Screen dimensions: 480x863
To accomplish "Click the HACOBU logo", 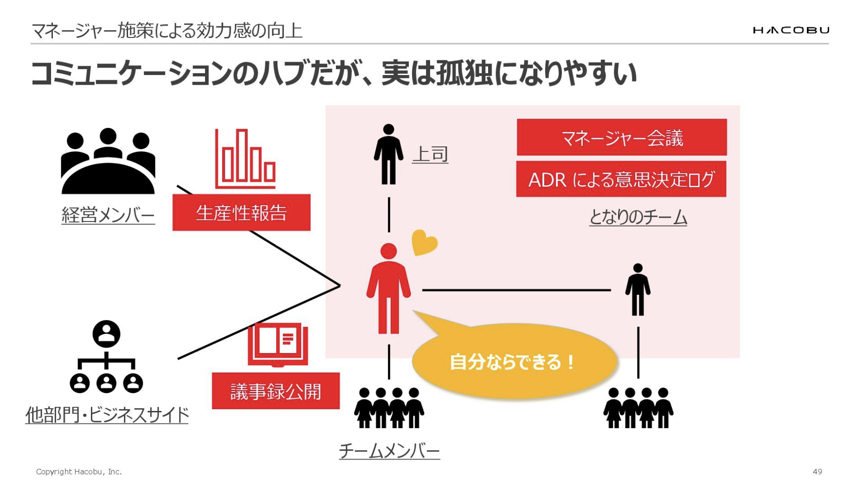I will tap(791, 30).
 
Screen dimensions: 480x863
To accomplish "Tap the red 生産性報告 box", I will tap(241, 213).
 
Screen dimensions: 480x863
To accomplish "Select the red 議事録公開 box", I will tap(276, 391).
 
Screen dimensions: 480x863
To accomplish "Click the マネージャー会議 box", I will tap(622, 138).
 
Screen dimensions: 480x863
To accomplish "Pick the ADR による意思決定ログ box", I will tap(621, 179).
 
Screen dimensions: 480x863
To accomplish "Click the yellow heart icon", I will tap(424, 242).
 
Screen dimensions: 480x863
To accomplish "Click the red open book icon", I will tap(277, 345).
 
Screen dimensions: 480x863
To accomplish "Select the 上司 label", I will tap(430, 154).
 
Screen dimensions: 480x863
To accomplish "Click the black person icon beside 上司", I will tap(388, 154).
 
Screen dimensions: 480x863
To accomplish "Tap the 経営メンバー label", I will tap(108, 215).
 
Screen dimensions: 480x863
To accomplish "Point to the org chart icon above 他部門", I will tap(106, 357).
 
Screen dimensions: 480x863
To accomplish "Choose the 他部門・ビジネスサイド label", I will tap(107, 415).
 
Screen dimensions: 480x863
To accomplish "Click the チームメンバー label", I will tap(389, 451).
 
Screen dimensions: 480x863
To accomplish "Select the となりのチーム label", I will tap(638, 217).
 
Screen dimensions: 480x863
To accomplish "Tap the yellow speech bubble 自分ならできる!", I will tap(513, 361).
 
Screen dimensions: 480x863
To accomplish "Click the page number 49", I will tap(818, 471).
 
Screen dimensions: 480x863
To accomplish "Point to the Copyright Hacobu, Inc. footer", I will tap(79, 472).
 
